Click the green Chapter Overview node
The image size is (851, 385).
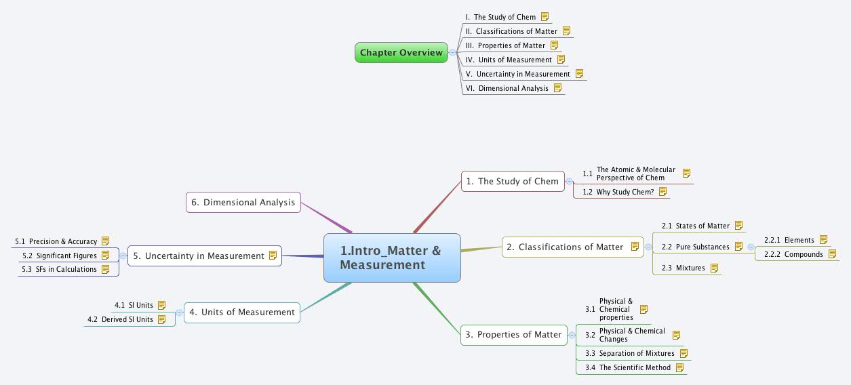click(401, 52)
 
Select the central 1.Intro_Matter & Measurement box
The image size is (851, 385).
click(392, 258)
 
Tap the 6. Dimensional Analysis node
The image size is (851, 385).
click(243, 202)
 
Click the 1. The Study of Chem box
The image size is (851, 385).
click(513, 181)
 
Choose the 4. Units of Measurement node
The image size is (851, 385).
click(241, 312)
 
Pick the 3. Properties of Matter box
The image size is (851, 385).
click(513, 334)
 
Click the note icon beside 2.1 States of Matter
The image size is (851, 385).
click(738, 226)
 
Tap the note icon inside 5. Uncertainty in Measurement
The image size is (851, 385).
click(273, 256)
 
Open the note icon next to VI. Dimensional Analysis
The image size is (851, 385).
click(557, 87)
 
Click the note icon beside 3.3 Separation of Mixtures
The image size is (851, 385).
click(684, 353)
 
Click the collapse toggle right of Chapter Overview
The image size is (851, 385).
click(453, 52)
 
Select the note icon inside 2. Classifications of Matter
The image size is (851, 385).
click(635, 247)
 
